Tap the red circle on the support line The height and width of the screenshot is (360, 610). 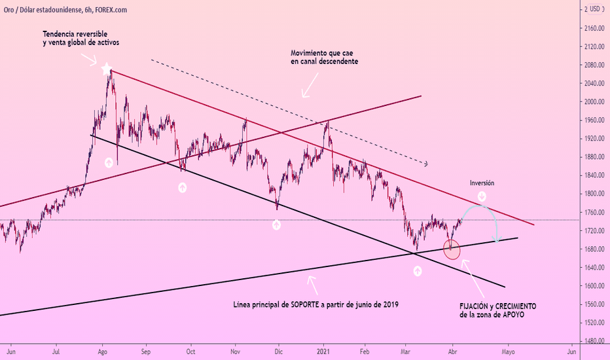point(452,249)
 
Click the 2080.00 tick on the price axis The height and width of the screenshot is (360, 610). point(593,65)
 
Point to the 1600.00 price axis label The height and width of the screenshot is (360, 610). point(593,285)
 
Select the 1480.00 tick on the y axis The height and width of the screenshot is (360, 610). point(593,340)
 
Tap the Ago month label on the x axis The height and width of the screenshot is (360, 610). point(103,351)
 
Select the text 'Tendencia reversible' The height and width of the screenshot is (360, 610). point(75,34)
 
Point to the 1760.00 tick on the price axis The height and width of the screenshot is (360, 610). point(593,212)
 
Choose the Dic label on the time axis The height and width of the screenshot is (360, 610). point(279,351)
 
